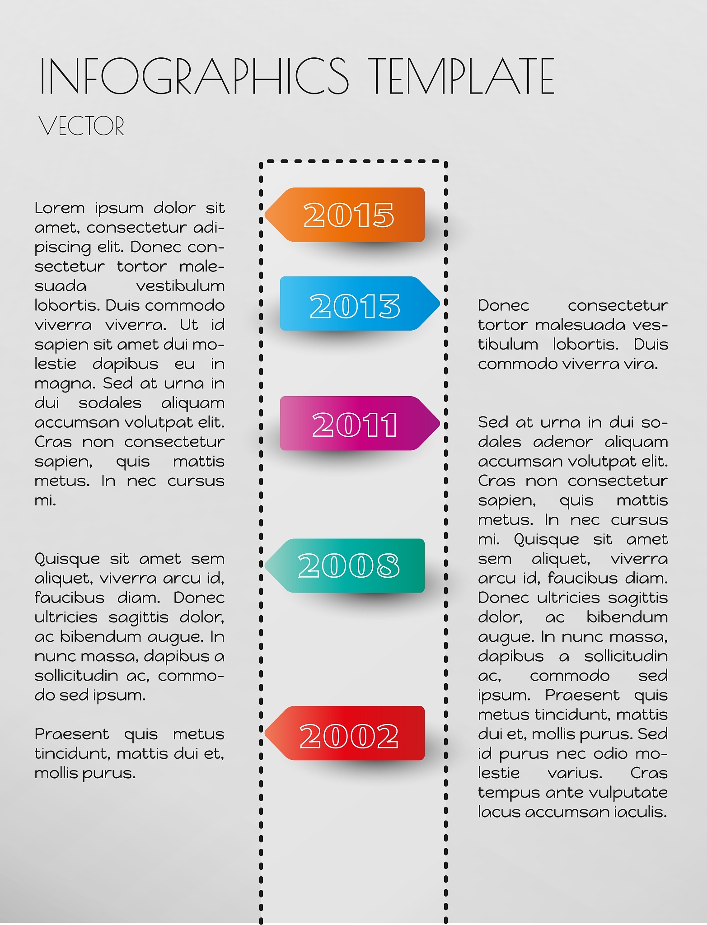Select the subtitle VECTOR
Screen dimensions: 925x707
(81, 126)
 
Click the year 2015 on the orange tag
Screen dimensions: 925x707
(349, 215)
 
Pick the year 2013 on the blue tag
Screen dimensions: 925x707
(355, 306)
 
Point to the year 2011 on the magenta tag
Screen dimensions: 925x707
(355, 425)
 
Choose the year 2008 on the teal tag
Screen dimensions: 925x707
(349, 566)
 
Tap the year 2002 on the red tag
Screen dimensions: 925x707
(349, 736)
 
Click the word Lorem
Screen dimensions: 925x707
(60, 208)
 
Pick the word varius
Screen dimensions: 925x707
(575, 773)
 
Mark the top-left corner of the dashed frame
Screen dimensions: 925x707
(262, 162)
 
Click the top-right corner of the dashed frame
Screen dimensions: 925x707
(445, 162)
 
